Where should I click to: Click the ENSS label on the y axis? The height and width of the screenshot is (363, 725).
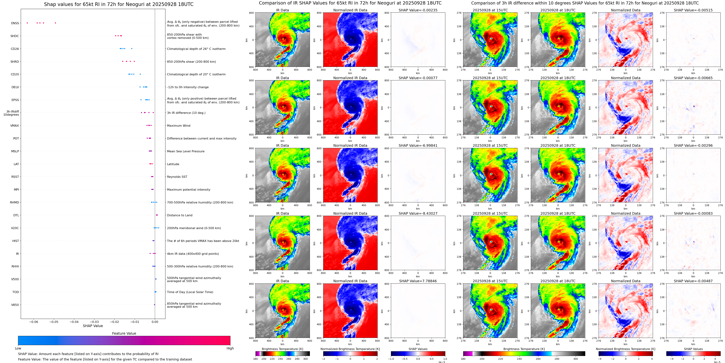[15, 23]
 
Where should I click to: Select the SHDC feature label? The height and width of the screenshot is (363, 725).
[15, 36]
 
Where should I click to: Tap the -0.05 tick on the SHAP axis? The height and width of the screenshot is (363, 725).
[54, 322]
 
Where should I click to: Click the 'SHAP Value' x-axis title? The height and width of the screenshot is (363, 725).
[93, 326]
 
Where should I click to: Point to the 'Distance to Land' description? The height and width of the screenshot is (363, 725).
[179, 215]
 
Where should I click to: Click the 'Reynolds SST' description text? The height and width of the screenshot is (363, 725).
[177, 177]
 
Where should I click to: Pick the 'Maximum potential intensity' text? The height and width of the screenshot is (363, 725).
[188, 190]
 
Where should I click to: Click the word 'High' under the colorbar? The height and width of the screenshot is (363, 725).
[230, 348]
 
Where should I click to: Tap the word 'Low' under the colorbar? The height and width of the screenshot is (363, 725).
[18, 348]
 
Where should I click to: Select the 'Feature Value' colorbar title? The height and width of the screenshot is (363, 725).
[124, 333]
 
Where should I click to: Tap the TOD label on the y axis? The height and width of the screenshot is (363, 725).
[16, 292]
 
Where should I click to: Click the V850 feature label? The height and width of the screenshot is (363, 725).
[15, 305]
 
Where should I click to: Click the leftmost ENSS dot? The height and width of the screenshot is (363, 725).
[27, 23]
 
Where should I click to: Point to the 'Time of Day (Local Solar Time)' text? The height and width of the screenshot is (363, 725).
[190, 292]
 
